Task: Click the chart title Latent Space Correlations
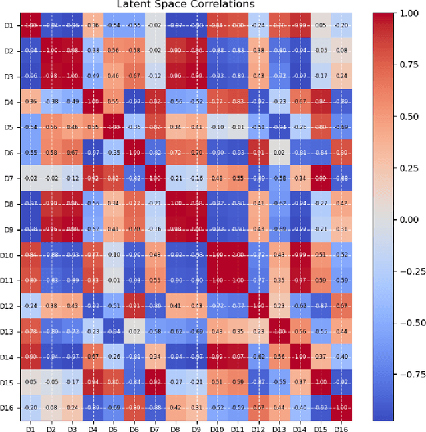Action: coord(186,5)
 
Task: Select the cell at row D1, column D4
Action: coord(93,25)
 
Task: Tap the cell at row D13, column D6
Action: coord(134,331)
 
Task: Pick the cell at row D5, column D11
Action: coord(238,127)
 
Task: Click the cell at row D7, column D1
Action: coord(30,179)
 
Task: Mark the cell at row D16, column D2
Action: coord(51,408)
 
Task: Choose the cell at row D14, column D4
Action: coord(93,357)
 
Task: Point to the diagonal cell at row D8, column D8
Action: coord(176,204)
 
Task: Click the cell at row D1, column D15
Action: coord(321,25)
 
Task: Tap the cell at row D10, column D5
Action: coord(113,255)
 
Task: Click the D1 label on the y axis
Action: coord(9,25)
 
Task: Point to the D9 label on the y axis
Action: coord(9,229)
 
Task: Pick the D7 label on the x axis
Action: coord(154,427)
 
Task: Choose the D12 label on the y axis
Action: coord(7,306)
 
